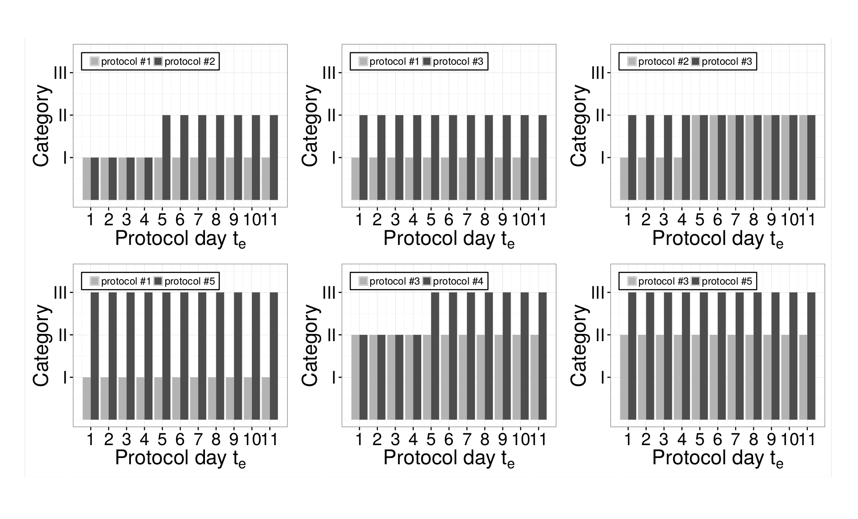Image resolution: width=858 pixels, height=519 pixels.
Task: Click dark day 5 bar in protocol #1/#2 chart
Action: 166,157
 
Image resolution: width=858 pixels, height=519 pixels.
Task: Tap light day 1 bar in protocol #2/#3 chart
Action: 624,179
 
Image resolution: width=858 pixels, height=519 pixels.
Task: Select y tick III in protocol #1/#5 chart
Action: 60,292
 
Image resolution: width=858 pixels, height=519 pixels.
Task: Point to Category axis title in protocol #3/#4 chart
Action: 310,345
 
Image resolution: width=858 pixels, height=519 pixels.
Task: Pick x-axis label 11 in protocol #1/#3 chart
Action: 538,220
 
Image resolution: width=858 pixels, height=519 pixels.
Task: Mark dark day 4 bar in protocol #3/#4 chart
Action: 417,377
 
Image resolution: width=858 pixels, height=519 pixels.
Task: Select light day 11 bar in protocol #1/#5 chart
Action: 266,398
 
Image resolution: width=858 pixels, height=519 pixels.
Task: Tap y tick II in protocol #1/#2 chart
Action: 63,115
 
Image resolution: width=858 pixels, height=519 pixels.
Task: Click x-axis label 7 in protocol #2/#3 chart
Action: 735,220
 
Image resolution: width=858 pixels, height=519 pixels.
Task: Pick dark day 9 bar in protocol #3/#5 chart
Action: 775,356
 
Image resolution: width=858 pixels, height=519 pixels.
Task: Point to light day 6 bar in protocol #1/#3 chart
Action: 445,179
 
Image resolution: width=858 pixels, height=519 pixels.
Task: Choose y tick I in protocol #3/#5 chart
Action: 603,378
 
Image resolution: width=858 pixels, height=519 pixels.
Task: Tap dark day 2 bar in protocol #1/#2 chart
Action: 113,179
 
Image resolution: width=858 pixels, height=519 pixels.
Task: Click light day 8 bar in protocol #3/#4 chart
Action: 481,377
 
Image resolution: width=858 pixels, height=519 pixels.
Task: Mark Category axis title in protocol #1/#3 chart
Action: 310,125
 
